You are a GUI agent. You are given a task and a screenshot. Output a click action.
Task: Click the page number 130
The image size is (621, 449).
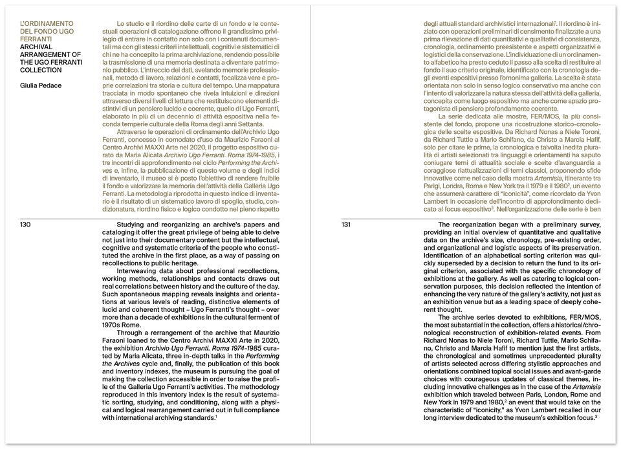(x=26, y=225)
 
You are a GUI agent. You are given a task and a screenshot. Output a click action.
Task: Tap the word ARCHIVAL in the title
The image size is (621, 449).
(x=38, y=47)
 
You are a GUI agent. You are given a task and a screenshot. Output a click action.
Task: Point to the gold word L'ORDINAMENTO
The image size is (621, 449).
(x=47, y=24)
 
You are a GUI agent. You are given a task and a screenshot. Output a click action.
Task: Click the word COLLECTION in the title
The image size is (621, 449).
(x=41, y=70)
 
